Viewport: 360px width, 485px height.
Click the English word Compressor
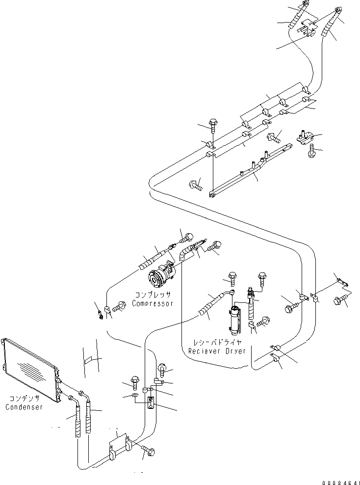tap(153, 303)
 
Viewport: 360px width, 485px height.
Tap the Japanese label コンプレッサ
tap(153, 295)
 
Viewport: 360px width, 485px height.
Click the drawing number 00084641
tap(338, 479)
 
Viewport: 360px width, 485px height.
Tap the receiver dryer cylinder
tap(235, 320)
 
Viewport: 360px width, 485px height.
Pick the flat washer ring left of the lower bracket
tap(134, 395)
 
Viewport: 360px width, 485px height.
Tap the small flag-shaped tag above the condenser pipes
tap(89, 360)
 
